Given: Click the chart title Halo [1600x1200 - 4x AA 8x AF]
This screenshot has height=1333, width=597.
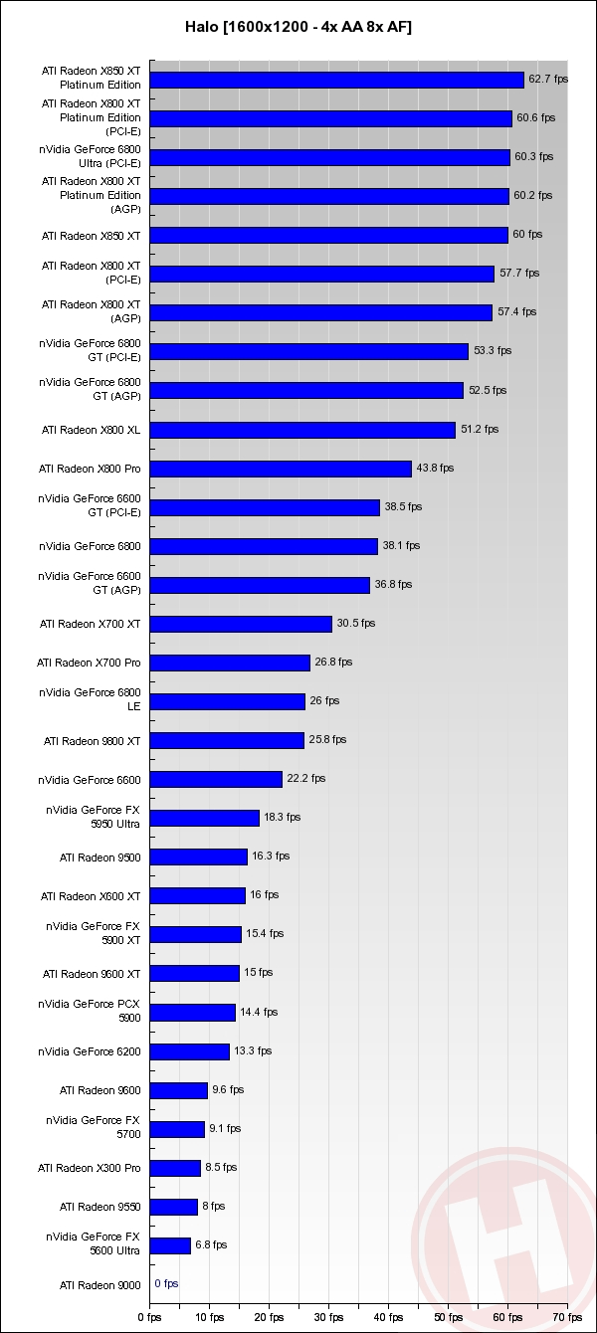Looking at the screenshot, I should pyautogui.click(x=298, y=28).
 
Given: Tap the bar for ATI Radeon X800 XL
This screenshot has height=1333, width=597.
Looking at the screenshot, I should pyautogui.click(x=302, y=430).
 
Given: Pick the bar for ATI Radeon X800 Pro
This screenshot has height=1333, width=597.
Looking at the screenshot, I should pyautogui.click(x=281, y=469).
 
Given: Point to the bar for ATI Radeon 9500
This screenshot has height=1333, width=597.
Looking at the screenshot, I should pyautogui.click(x=198, y=857).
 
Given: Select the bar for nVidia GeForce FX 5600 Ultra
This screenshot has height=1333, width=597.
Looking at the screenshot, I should pyautogui.click(x=170, y=1245).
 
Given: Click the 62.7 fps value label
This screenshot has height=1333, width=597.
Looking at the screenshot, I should pyautogui.click(x=548, y=79).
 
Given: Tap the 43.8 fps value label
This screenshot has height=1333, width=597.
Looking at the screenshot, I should pyautogui.click(x=435, y=468).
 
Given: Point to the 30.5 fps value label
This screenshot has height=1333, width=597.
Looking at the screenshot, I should pyautogui.click(x=355, y=624).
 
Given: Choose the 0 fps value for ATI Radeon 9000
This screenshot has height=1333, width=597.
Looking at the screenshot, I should pyautogui.click(x=166, y=1284).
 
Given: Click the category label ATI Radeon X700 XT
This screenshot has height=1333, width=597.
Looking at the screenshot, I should pyautogui.click(x=91, y=624).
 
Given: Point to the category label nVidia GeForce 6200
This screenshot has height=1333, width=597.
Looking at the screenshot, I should pyautogui.click(x=90, y=1051).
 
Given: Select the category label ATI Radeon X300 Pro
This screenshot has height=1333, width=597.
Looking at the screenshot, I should pyautogui.click(x=90, y=1168).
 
